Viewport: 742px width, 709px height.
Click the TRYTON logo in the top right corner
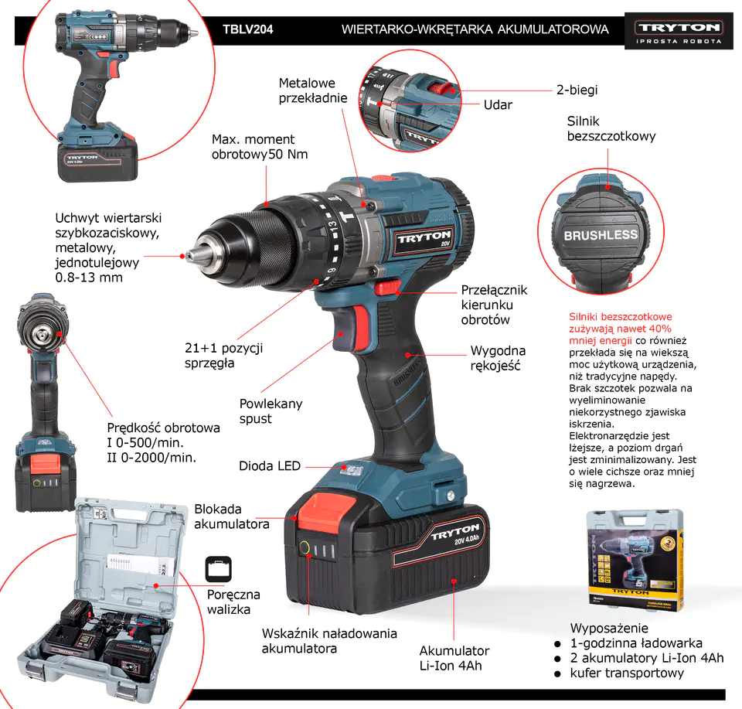click(x=679, y=31)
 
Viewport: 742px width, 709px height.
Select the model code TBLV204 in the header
click(x=248, y=29)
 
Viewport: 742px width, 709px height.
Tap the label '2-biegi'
click(x=577, y=90)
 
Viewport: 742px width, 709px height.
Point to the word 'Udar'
click(x=498, y=104)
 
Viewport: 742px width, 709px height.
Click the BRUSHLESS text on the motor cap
click(x=601, y=235)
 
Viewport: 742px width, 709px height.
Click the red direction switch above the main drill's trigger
click(x=387, y=288)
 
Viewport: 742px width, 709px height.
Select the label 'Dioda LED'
click(x=270, y=465)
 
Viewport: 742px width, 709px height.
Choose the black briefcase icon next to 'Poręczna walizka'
click(x=219, y=569)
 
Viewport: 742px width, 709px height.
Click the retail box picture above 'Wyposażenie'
click(x=635, y=560)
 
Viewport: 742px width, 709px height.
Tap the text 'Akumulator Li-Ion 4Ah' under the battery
click(x=454, y=658)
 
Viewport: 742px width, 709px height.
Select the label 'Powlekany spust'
click(x=271, y=411)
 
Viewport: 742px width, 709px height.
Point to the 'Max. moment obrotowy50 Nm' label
click(x=260, y=147)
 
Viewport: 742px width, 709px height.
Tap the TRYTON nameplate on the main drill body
click(x=424, y=239)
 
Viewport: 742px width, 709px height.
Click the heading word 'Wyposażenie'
click(x=609, y=628)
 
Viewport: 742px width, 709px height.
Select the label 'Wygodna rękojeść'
click(x=498, y=358)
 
